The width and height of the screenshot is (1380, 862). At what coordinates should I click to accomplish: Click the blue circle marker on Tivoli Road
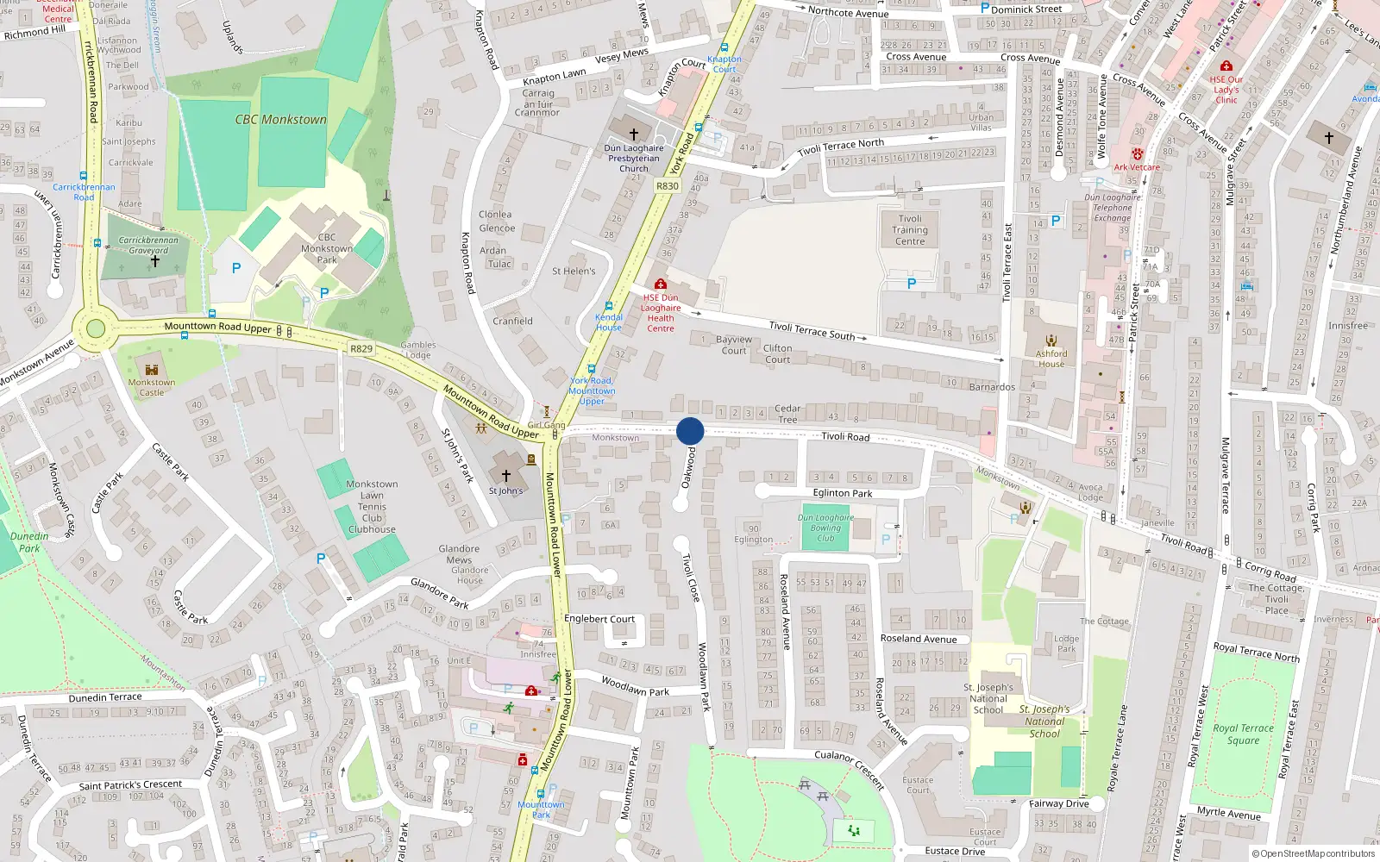(690, 431)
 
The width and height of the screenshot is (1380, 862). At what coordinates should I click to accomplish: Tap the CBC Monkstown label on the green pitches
(281, 120)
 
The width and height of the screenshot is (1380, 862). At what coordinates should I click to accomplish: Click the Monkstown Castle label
(152, 387)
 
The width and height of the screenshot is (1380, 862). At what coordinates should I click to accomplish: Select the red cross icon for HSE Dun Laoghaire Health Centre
(661, 284)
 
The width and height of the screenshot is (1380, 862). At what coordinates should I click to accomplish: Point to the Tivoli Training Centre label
(910, 230)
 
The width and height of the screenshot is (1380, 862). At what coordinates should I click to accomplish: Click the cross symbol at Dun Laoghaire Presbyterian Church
(634, 134)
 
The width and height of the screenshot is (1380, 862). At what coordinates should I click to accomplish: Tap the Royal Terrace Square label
(1243, 734)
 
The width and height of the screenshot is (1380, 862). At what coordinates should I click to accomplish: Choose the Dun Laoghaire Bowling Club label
(825, 528)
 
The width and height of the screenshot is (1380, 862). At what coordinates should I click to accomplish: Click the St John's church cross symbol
(506, 475)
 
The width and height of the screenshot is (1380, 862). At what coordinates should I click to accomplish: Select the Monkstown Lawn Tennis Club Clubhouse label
(372, 507)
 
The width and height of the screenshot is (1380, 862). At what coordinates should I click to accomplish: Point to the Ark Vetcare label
(1137, 167)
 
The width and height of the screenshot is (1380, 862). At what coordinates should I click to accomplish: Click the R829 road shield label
(361, 349)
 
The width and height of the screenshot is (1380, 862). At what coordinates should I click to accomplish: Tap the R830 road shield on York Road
(668, 186)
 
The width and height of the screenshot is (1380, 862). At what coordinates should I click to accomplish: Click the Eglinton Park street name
(843, 494)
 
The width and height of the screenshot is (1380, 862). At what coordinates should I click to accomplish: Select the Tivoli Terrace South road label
(812, 330)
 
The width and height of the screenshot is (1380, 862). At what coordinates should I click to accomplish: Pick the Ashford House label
(1051, 359)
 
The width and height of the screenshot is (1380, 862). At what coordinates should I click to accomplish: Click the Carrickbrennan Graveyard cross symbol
(155, 260)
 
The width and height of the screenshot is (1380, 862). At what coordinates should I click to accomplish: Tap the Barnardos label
(992, 387)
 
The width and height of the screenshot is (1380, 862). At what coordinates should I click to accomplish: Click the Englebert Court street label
(599, 619)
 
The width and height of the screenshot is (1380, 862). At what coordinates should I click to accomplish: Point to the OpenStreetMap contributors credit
(1313, 854)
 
